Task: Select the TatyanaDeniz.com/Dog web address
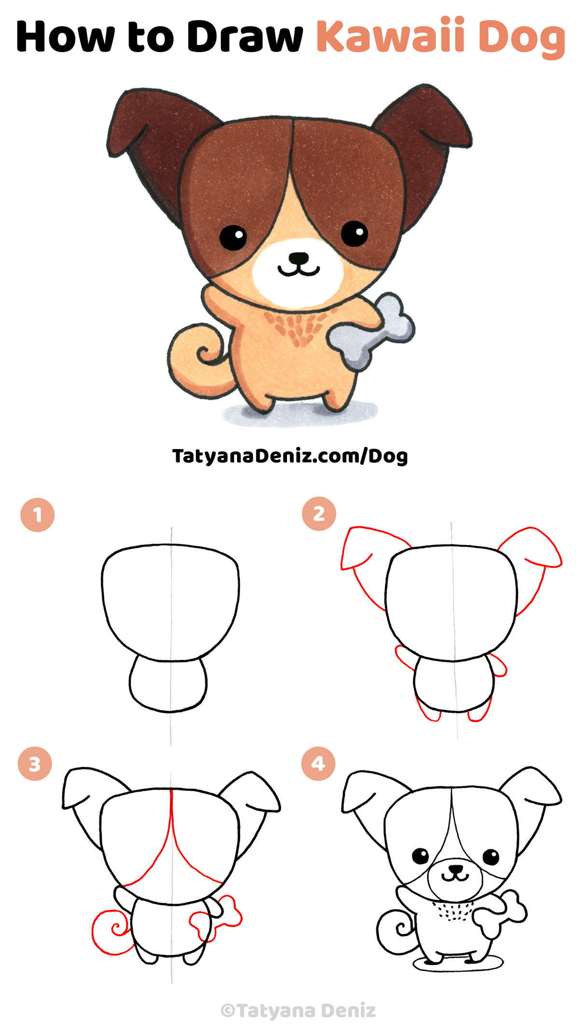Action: coord(290,455)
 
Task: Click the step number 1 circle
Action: coord(38,515)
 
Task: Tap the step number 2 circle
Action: coord(319,514)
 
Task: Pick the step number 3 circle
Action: coord(35,764)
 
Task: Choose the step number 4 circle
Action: coord(318,763)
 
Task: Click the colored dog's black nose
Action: coord(299,258)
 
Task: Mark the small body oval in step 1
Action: coord(168,683)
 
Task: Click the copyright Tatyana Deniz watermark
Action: coord(298,1010)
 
